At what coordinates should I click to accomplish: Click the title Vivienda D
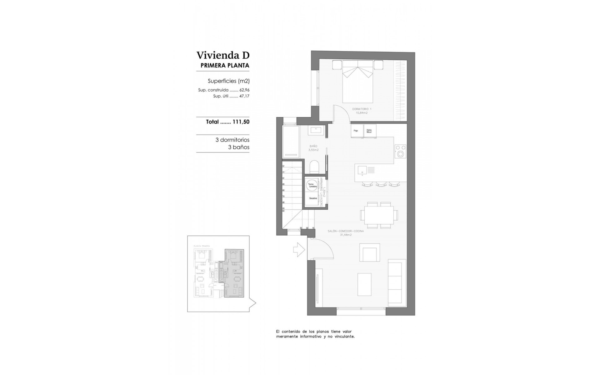click(223, 55)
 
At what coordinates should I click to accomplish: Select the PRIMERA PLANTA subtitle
click(225, 66)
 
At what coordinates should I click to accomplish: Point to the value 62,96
click(244, 90)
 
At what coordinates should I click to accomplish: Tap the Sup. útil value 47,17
click(244, 96)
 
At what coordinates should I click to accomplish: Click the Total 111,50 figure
click(241, 122)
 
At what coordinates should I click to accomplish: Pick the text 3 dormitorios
click(232, 140)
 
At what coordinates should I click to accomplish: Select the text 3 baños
click(239, 147)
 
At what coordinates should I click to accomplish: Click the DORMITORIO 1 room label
click(362, 109)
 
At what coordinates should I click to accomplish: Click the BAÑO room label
click(313, 146)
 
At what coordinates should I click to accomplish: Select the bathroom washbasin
click(314, 130)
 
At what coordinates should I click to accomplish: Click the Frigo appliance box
click(356, 131)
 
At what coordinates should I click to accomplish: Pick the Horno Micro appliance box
click(370, 131)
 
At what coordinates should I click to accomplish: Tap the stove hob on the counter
click(400, 151)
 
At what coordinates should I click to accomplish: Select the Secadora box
click(313, 198)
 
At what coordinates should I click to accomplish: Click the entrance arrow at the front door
click(299, 249)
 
